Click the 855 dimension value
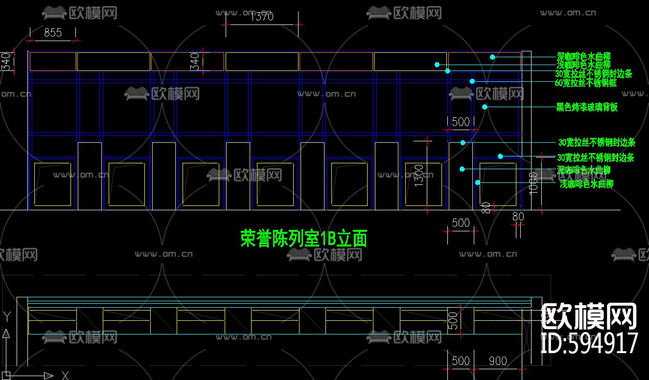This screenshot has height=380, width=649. click(53, 33)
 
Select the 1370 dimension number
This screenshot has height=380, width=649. click(262, 17)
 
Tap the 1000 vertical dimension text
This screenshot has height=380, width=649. click(534, 182)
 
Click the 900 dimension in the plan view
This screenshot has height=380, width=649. click(498, 361)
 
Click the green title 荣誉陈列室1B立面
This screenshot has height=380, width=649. click(303, 239)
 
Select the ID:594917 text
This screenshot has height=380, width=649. click(589, 343)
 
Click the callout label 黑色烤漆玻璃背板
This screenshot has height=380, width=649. click(587, 107)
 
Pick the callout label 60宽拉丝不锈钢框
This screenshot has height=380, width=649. click(586, 83)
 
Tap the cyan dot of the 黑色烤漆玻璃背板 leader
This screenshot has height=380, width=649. click(485, 107)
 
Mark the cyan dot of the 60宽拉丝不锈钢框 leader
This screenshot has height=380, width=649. click(472, 81)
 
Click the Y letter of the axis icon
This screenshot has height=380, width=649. click(6, 316)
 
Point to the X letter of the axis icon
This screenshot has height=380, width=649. click(65, 375)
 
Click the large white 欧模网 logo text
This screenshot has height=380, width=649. click(589, 316)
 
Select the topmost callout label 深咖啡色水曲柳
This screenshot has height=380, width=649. click(584, 56)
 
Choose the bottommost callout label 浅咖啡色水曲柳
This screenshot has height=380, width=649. click(586, 184)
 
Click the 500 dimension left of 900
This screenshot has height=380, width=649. click(461, 361)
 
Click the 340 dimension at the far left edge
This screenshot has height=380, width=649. click(6, 62)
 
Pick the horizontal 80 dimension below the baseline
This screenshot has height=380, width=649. click(518, 216)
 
